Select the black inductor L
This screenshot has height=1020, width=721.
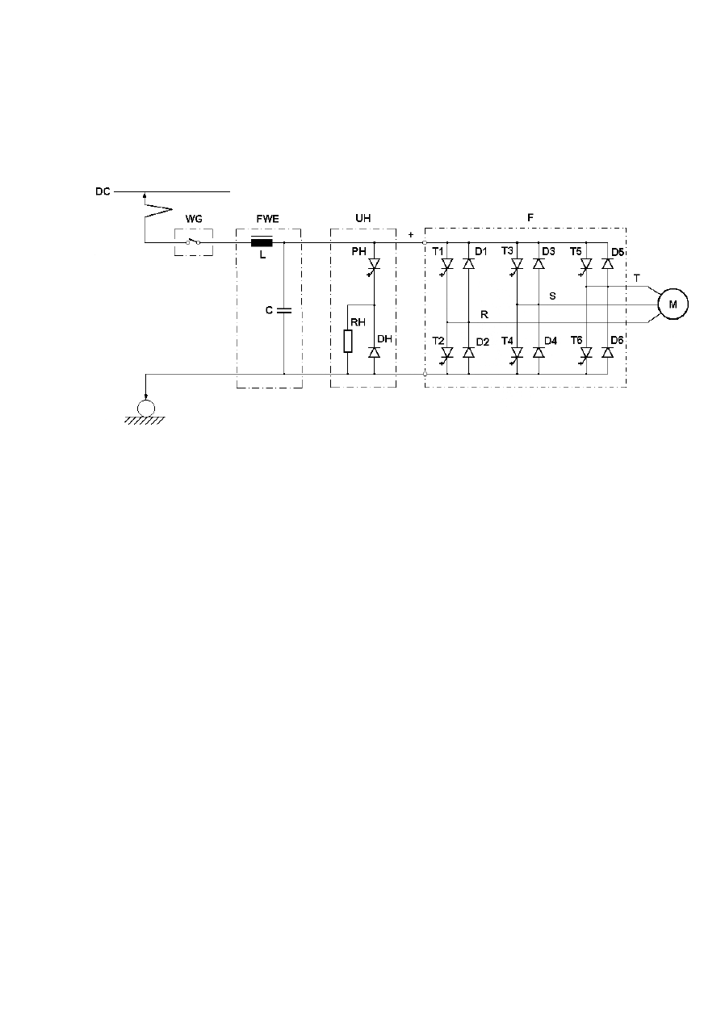click(262, 243)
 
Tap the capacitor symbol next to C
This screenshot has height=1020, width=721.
click(284, 311)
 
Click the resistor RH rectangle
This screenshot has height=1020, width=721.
click(348, 341)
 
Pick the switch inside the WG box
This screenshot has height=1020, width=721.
click(193, 241)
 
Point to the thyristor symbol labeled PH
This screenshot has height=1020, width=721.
click(374, 265)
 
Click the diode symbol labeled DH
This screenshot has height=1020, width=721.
click(374, 352)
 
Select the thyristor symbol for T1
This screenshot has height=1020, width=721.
click(447, 265)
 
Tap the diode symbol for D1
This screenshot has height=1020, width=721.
click(468, 263)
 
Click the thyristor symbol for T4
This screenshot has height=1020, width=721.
click(517, 354)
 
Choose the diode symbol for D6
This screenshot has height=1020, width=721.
click(607, 352)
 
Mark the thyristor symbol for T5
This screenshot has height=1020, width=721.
click(586, 265)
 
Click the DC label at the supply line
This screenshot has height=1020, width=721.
click(103, 191)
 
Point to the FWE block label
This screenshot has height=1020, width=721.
click(267, 219)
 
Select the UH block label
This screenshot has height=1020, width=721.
click(363, 218)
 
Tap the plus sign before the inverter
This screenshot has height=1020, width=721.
click(411, 235)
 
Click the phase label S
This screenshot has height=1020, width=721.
click(552, 296)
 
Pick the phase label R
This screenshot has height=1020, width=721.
click(484, 314)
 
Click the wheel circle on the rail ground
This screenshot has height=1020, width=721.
click(145, 408)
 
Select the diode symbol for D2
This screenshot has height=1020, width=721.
click(468, 352)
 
